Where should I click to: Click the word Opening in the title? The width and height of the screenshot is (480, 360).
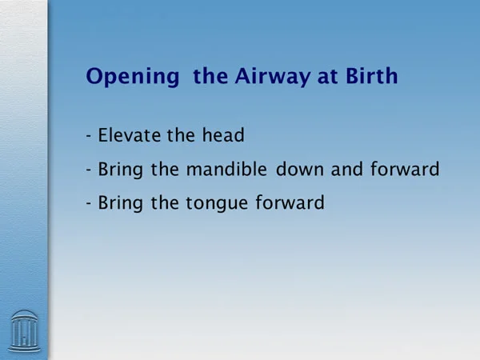pos(133,77)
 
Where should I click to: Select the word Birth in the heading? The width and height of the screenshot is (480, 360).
pos(372,75)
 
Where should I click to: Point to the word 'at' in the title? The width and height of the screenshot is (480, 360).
pos(327,77)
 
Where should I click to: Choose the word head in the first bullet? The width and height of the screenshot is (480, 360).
pos(223,135)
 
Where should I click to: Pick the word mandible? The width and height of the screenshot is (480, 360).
pos(226,169)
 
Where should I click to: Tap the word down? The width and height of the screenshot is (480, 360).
pos(300,169)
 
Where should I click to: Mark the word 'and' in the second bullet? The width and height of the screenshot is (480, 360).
pos(347,169)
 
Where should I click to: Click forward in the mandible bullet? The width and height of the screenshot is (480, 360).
pos(405,169)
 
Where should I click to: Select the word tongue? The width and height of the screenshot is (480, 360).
pos(217,203)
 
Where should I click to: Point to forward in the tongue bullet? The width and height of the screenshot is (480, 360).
pos(290,202)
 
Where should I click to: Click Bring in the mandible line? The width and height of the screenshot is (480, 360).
pos(120,170)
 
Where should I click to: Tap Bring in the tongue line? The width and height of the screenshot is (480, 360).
pos(120,203)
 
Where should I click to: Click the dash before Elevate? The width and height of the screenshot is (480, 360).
pos(89,136)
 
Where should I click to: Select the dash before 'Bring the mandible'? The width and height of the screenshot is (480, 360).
pos(89,170)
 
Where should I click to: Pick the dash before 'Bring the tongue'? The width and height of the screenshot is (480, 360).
pos(89,203)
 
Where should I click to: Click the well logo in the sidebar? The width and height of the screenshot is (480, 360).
pos(24,331)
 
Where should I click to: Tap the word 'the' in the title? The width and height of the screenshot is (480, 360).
pos(210,76)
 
